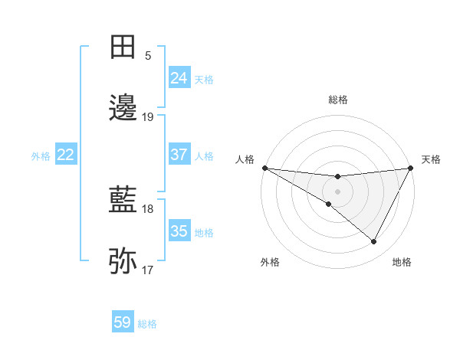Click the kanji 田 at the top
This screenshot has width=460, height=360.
(123, 47)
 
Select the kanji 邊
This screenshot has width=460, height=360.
(123, 108)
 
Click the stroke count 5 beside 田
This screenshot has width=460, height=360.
(148, 55)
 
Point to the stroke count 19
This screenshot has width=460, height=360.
(148, 117)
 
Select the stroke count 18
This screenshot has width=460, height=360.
(148, 209)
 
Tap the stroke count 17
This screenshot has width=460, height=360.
(148, 270)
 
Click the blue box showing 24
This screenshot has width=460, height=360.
(179, 78)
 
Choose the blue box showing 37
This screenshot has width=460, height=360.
(179, 155)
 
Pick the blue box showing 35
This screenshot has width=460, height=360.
(179, 231)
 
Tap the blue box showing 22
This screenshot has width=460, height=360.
(66, 155)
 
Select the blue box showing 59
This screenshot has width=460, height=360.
(123, 322)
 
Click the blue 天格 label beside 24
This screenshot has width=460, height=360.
(204, 80)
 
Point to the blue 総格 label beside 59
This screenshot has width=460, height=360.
(147, 324)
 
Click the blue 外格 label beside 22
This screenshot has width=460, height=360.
(41, 156)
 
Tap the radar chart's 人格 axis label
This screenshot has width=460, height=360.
(245, 159)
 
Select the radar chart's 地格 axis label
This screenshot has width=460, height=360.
(402, 262)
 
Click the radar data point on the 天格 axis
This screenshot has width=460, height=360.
(411, 168)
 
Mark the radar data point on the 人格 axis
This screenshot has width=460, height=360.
(264, 167)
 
